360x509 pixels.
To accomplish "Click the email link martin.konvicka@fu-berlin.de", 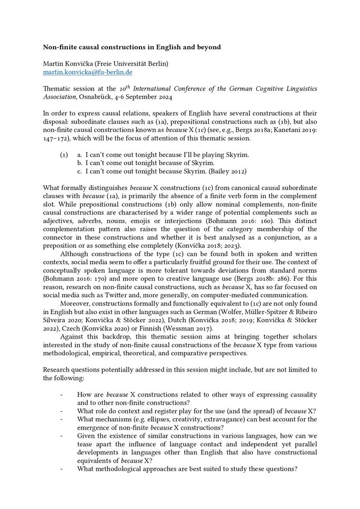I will click(x=88, y=72).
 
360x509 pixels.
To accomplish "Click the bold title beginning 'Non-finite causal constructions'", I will click(x=132, y=47).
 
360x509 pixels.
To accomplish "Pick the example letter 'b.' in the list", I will click(x=80, y=163).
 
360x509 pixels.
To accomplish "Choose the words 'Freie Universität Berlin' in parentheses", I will click(x=131, y=64).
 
